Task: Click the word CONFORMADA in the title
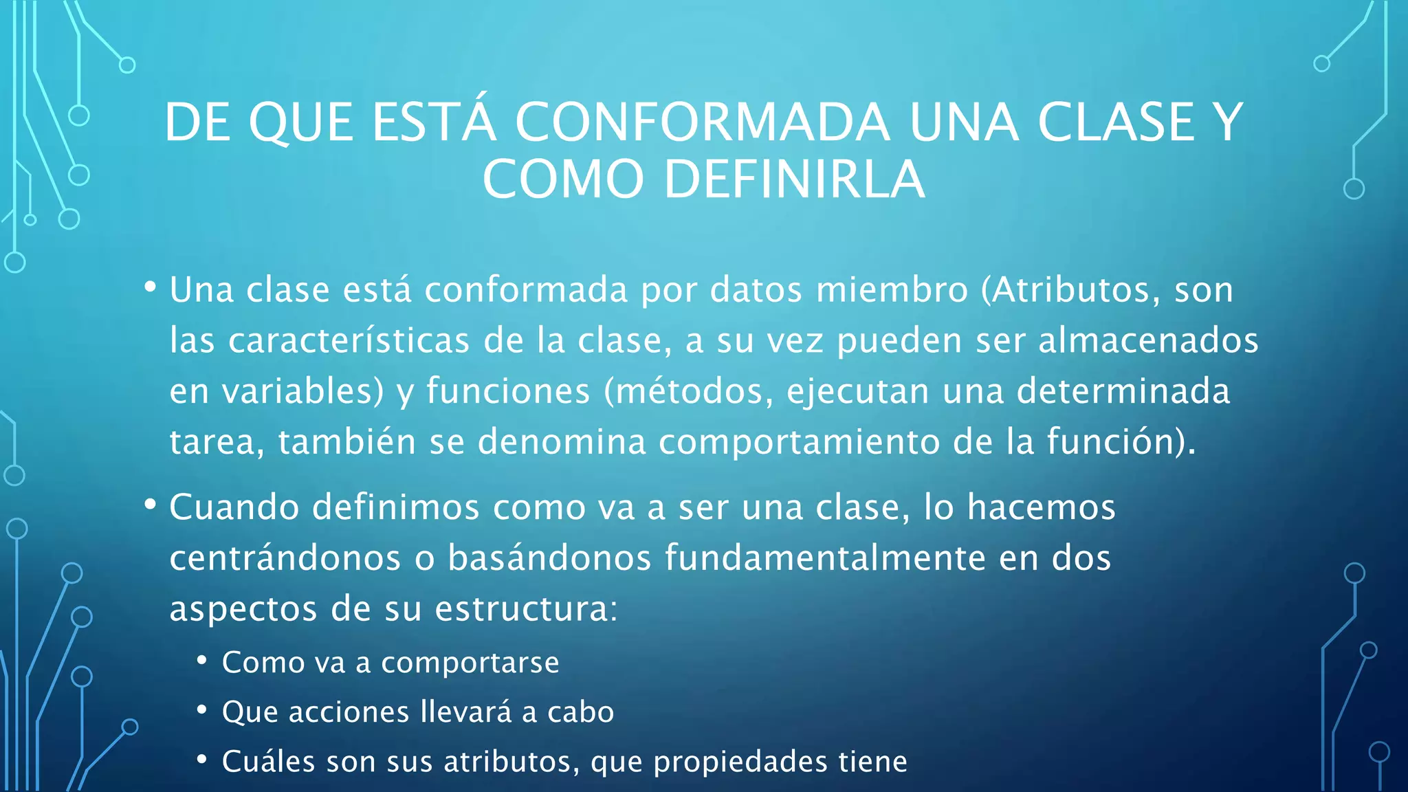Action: [x=702, y=122]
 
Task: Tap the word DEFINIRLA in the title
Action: [x=794, y=179]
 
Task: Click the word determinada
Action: [x=1123, y=391]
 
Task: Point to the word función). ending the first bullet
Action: [x=1121, y=441]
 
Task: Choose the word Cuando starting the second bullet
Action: [x=234, y=507]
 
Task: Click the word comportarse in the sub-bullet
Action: [x=470, y=663]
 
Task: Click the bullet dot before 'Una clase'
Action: [x=150, y=287]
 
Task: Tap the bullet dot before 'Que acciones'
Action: [x=201, y=709]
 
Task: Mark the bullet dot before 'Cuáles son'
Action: [x=201, y=759]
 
